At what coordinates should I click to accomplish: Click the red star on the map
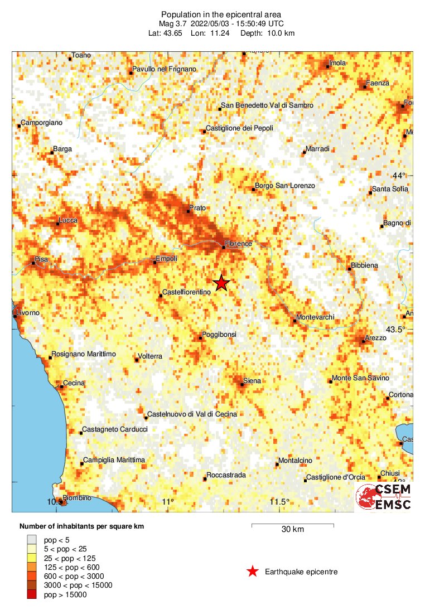coord(221,283)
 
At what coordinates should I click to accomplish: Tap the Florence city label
coord(239,244)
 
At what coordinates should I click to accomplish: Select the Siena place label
coord(252,381)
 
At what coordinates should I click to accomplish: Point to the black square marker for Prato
coord(188,211)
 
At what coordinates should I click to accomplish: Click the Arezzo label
coord(375,338)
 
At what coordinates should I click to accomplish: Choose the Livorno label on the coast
coord(28,313)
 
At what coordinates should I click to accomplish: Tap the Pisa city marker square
coord(33,263)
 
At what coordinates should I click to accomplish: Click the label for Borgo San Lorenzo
coord(285,186)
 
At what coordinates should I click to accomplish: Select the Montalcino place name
coord(298,461)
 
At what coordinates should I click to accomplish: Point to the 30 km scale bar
coord(292,525)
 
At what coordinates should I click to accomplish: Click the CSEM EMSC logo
coord(384,496)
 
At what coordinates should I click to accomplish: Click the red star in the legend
coord(253,571)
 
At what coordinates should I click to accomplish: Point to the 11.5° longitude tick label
coord(279,502)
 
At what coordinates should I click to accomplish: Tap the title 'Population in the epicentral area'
coord(213,14)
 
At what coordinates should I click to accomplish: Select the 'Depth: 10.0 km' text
coord(268,33)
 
